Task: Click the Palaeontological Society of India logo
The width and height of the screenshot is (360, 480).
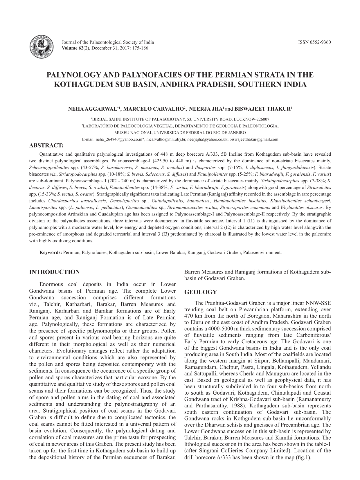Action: (42, 47)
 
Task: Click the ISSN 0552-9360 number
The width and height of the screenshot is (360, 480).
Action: (314, 42)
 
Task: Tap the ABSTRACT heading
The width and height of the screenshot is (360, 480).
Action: (46, 145)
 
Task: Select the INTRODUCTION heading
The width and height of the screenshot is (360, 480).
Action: (55, 272)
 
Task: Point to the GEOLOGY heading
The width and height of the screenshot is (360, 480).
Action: (201, 292)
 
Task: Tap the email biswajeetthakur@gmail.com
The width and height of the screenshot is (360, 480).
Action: (254, 139)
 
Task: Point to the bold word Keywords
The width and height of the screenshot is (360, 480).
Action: (51, 252)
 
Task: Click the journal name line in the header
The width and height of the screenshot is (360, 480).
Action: (108, 42)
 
